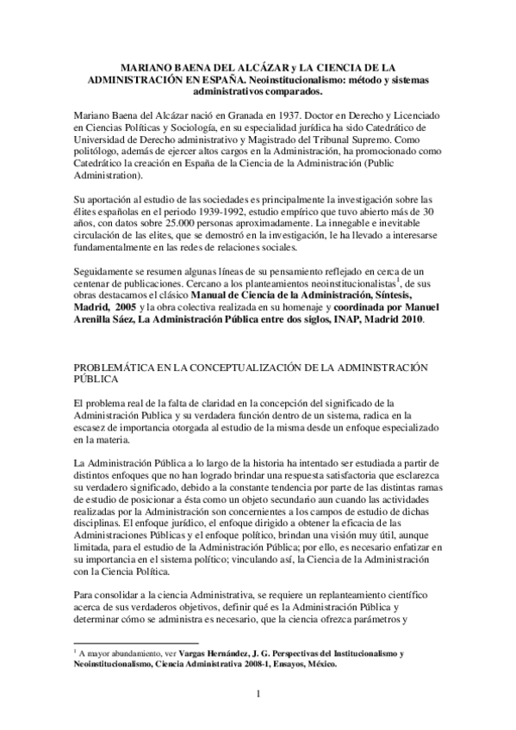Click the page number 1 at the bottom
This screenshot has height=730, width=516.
[x=257, y=693]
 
